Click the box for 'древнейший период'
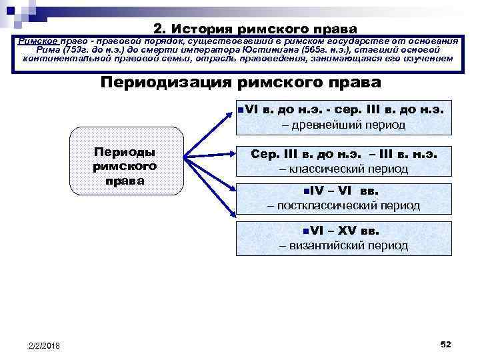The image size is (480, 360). pos(343,117)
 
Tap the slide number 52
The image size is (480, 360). pos(446,343)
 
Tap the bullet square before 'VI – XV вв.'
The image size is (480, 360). pos(304,231)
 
